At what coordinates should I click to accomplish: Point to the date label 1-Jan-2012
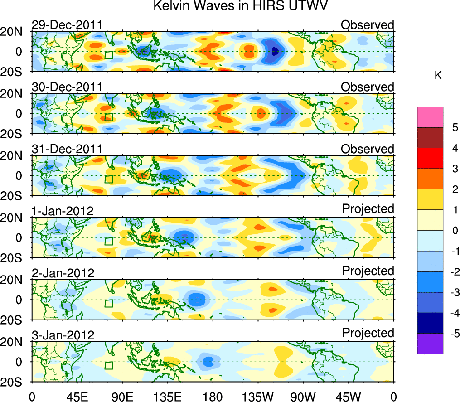tap(63, 211)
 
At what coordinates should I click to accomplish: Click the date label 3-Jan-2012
tap(63, 335)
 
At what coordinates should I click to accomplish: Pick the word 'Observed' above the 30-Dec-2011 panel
tap(368, 87)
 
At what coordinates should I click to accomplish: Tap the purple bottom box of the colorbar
tap(430, 344)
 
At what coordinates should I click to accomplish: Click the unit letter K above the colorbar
tap(438, 76)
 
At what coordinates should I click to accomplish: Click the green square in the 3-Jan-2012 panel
tap(108, 365)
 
